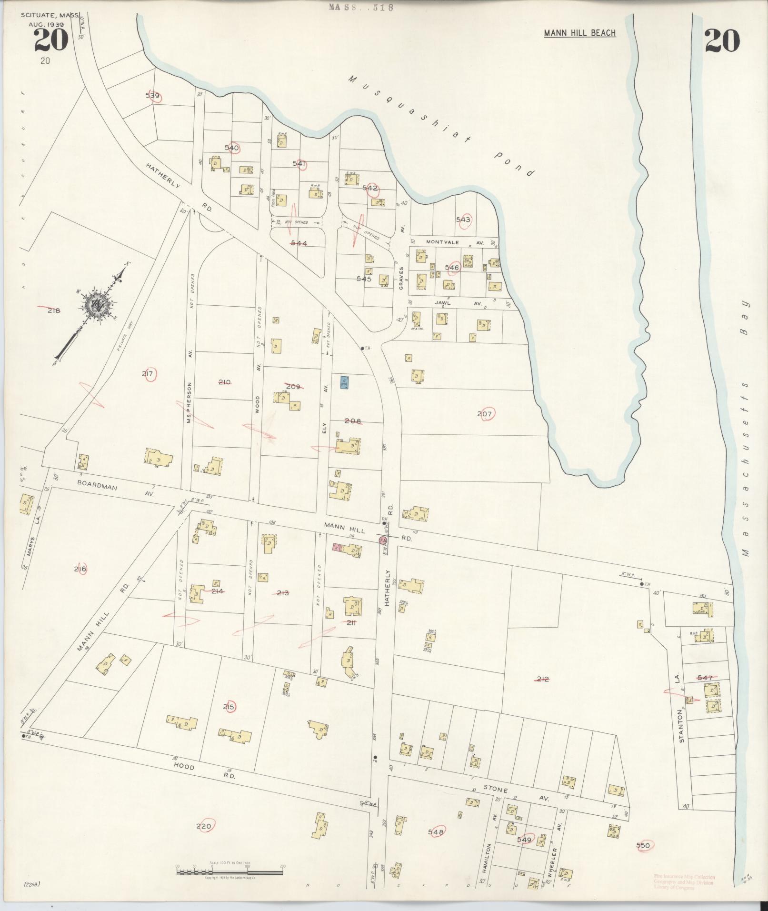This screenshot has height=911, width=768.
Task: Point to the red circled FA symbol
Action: click(382, 541)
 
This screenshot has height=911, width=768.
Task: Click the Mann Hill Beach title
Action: click(580, 33)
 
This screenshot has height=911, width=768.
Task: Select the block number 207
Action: click(484, 414)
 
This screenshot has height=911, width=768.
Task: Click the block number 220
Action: click(203, 826)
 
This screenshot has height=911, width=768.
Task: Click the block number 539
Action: click(152, 96)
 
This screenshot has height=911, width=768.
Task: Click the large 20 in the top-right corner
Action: click(722, 40)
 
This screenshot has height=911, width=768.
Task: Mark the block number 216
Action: click(80, 569)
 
